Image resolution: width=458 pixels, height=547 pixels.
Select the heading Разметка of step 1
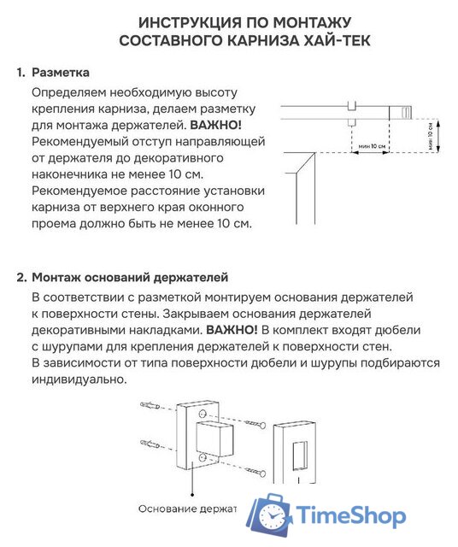[x=61, y=73]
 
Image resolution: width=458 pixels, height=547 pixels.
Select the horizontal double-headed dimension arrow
[x=370, y=153]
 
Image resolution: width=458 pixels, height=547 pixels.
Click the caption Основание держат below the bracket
[x=187, y=509]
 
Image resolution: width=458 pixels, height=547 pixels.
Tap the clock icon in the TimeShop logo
[x=273, y=516]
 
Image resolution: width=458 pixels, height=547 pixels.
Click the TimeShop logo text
[x=349, y=515]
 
